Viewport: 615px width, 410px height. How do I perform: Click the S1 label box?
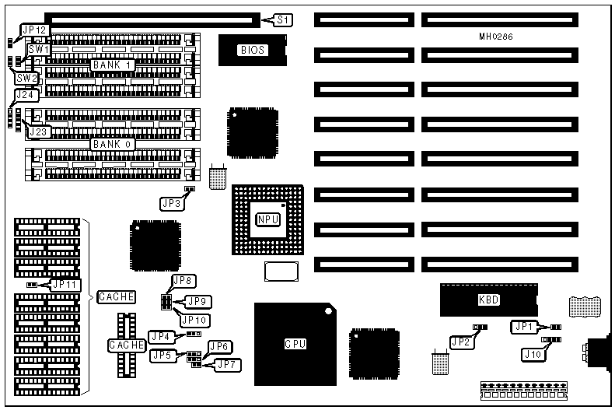pyautogui.click(x=282, y=19)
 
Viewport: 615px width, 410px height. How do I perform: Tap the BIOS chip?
pyautogui.click(x=252, y=50)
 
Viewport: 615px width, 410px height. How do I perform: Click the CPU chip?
pyautogui.click(x=293, y=343)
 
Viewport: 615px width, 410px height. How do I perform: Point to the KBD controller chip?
pyautogui.click(x=488, y=300)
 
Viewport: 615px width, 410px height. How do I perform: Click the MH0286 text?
pyautogui.click(x=498, y=37)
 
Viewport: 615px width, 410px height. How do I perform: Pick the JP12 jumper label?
pyautogui.click(x=36, y=30)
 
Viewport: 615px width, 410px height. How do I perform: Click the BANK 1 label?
pyautogui.click(x=113, y=65)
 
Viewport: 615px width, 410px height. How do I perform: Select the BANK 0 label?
pyautogui.click(x=113, y=144)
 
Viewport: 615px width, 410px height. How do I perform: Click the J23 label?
pyautogui.click(x=39, y=131)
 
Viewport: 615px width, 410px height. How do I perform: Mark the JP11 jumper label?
pyautogui.click(x=64, y=285)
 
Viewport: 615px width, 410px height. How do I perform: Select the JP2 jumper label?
pyautogui.click(x=460, y=341)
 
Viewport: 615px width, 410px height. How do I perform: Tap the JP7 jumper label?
pyautogui.click(x=226, y=364)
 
